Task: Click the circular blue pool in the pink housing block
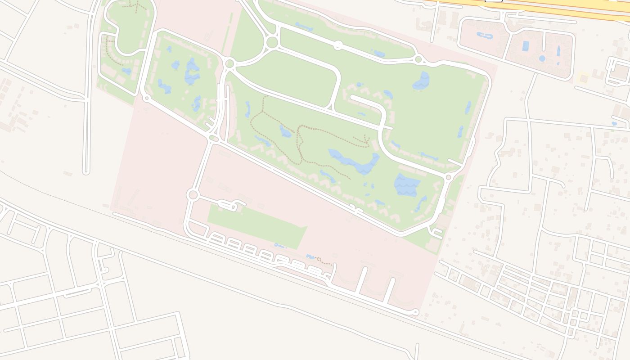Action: [x=542, y=58]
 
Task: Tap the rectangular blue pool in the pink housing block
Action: [x=526, y=46]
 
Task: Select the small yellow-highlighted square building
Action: [x=584, y=78]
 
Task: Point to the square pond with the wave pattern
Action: [x=407, y=185]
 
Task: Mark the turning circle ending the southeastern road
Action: [x=415, y=312]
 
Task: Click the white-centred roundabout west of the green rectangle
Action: [x=193, y=195]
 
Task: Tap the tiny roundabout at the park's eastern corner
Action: [x=448, y=177]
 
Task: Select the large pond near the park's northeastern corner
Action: [x=422, y=81]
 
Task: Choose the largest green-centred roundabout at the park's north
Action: [x=272, y=42]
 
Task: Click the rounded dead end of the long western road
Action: [x=86, y=171]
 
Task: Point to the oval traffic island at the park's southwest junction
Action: [x=214, y=139]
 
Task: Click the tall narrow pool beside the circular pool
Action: [x=558, y=50]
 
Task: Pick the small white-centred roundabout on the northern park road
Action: [x=338, y=45]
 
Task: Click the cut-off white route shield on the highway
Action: [x=493, y=1]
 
